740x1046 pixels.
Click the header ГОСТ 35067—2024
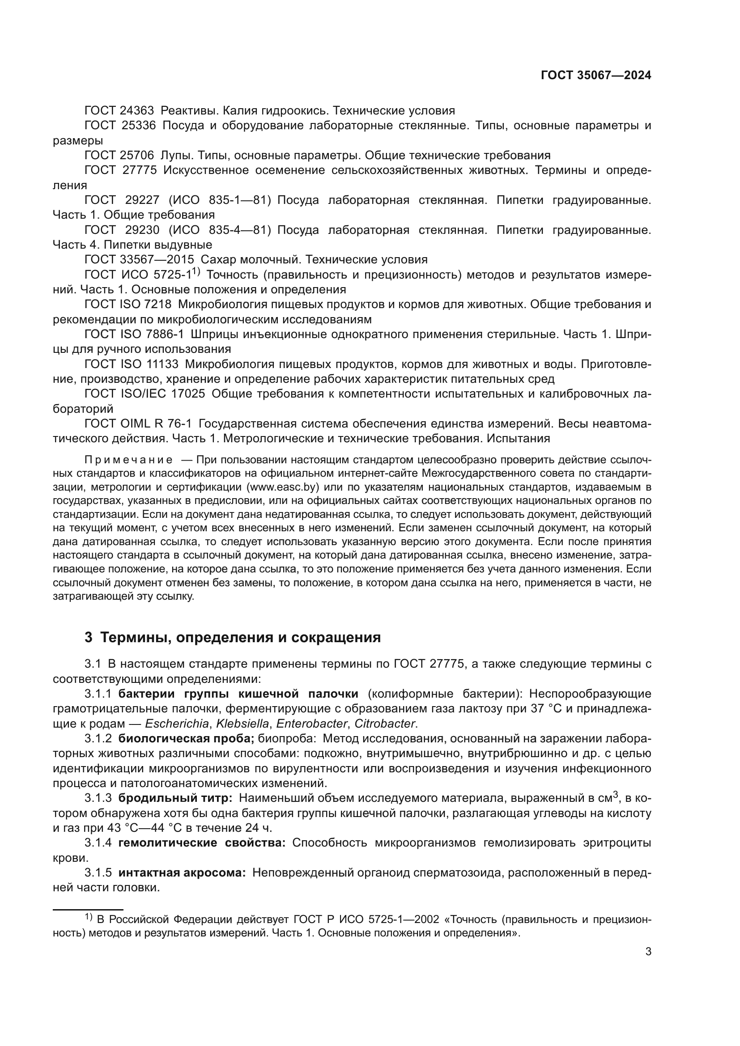click(595, 76)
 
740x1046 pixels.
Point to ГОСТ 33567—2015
click(139, 260)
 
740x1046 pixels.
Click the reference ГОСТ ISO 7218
click(128, 305)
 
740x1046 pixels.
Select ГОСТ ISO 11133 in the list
click(131, 364)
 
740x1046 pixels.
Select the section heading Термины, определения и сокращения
click(240, 637)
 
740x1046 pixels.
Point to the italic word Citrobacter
click(385, 724)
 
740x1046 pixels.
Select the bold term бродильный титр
click(175, 798)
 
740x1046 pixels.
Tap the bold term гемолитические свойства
click(201, 843)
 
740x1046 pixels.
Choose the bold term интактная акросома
click(182, 873)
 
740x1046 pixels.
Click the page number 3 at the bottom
click(648, 952)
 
